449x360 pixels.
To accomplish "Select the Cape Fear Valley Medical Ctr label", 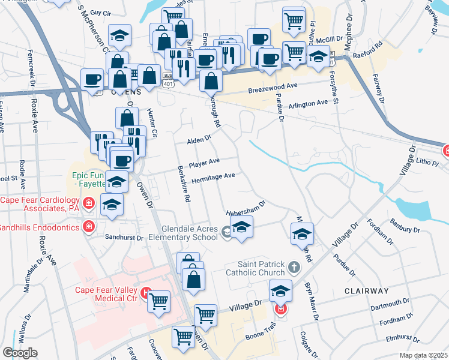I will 107,293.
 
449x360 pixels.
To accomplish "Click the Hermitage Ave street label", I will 212,178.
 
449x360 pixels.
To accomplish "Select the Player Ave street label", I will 204,163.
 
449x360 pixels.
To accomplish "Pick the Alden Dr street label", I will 199,139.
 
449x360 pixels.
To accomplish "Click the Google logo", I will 20,353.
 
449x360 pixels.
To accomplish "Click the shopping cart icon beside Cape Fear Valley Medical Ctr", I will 159,301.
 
